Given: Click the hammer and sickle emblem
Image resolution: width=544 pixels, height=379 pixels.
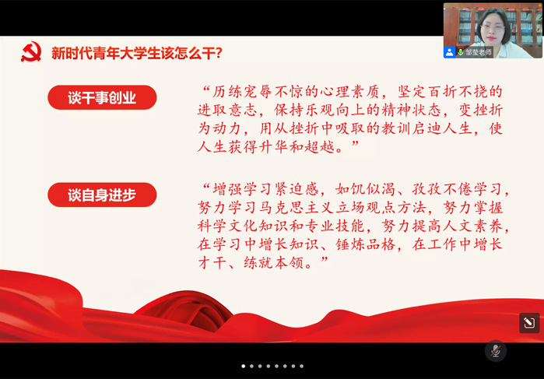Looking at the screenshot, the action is pyautogui.click(x=31, y=51).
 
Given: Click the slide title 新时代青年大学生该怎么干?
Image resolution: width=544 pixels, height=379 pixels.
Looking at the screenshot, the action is pyautogui.click(x=137, y=54).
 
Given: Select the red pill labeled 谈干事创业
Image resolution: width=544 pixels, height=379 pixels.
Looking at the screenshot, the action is pyautogui.click(x=102, y=97).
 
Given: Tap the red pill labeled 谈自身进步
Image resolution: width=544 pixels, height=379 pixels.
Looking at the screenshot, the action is pyautogui.click(x=102, y=195).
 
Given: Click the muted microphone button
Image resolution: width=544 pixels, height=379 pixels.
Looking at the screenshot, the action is pyautogui.click(x=495, y=351).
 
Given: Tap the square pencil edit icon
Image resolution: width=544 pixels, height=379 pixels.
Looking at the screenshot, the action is pyautogui.click(x=529, y=323).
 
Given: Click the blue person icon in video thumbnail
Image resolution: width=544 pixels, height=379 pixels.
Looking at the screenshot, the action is pyautogui.click(x=449, y=52).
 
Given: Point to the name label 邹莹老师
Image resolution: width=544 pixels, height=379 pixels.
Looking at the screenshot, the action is pyautogui.click(x=479, y=52).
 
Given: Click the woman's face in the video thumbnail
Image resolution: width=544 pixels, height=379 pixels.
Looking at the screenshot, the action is pyautogui.click(x=493, y=27).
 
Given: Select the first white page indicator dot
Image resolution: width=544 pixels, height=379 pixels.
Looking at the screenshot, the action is pyautogui.click(x=243, y=366).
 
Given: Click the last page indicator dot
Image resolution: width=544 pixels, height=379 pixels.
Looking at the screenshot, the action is pyautogui.click(x=301, y=366).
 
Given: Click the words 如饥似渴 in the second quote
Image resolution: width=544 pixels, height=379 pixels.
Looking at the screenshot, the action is pyautogui.click(x=365, y=190).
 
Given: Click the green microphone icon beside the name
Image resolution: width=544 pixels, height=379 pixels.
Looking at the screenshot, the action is pyautogui.click(x=461, y=52).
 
